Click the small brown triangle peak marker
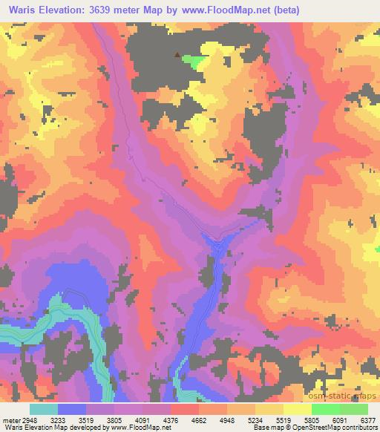coord(177,54)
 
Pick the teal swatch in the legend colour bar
coord(44,409)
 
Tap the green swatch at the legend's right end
coord(354,409)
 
